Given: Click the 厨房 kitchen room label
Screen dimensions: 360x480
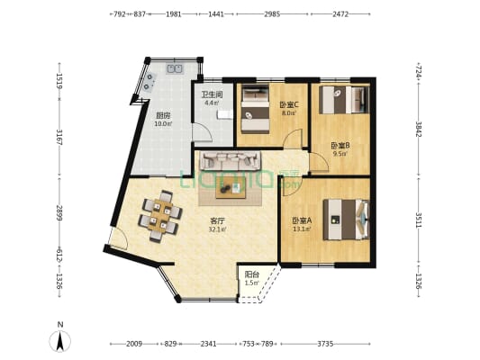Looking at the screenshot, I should (x=163, y=115).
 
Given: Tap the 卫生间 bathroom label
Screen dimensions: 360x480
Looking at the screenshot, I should (x=212, y=93).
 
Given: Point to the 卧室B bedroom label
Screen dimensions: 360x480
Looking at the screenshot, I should (x=340, y=145).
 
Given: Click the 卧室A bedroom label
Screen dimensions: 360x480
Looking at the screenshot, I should (x=302, y=220).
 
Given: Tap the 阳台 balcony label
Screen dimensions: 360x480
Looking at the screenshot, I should (x=251, y=274).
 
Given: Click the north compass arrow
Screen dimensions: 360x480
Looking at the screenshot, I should (x=60, y=339).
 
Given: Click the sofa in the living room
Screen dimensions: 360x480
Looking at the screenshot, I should (x=230, y=162).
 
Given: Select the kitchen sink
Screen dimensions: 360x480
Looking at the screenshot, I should (x=173, y=68).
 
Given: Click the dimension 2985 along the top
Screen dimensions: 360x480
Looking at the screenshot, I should (x=272, y=14).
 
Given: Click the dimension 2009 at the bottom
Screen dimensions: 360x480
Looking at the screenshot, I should (x=133, y=344).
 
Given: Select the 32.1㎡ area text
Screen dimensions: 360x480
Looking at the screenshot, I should (x=217, y=229).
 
